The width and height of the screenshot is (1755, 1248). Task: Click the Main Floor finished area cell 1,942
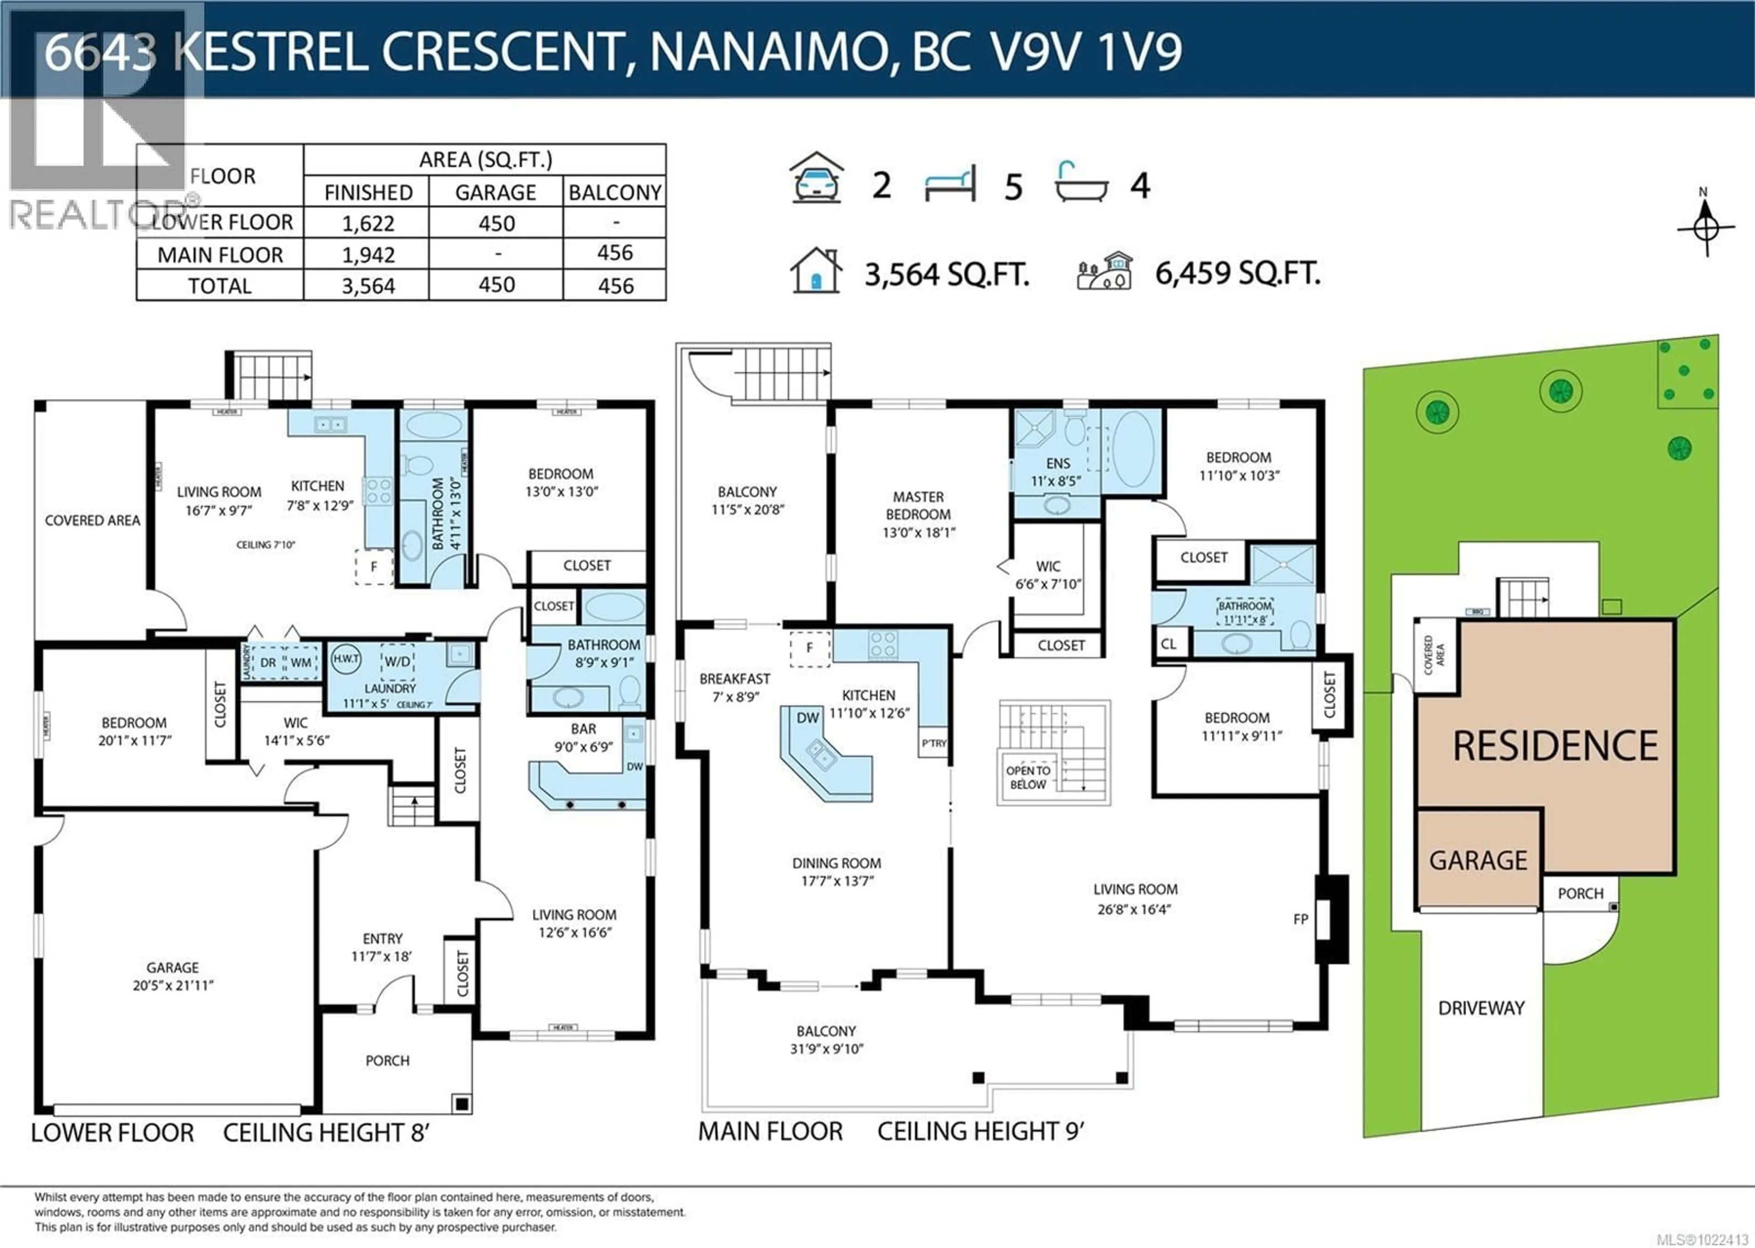click(368, 255)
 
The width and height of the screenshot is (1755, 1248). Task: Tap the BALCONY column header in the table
click(615, 192)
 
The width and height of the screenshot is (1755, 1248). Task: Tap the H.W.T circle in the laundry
click(346, 659)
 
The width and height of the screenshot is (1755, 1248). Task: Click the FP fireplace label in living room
click(1300, 919)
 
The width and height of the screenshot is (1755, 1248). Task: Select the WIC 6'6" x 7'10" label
click(1048, 575)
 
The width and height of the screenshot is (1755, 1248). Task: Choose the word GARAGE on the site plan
click(1478, 860)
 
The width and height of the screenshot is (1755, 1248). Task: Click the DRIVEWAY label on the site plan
click(1481, 1008)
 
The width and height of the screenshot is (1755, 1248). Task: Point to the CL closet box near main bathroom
click(1168, 644)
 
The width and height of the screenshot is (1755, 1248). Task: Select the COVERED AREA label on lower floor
click(92, 520)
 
